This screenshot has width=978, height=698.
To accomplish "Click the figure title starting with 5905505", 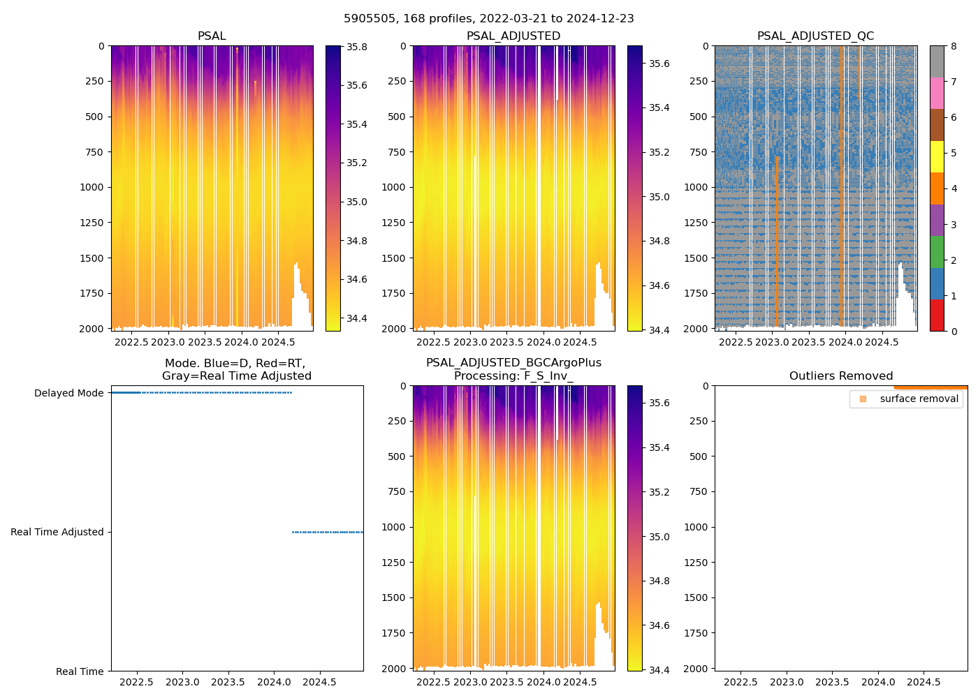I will [x=489, y=19].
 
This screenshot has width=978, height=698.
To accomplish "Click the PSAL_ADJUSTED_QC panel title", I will [x=815, y=36].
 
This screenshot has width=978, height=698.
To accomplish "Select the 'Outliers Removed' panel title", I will [x=841, y=376].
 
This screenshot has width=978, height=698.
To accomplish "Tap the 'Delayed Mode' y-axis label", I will [x=68, y=393].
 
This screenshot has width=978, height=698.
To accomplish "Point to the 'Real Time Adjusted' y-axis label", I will [x=57, y=532].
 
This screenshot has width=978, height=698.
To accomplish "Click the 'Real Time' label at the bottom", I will [x=80, y=671].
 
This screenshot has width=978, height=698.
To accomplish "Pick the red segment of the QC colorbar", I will [x=937, y=315].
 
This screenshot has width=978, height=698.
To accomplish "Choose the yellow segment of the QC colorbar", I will [x=937, y=157].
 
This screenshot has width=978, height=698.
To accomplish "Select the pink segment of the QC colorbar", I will [x=937, y=93].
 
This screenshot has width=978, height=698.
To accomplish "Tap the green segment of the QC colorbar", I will [x=937, y=252].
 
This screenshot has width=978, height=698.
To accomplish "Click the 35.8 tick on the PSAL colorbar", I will [x=357, y=47].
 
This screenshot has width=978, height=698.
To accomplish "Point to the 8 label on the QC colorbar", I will [x=954, y=47].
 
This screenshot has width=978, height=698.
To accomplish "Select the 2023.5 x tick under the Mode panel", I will [x=228, y=682].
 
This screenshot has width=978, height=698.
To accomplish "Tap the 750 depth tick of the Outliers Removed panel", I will [x=698, y=491].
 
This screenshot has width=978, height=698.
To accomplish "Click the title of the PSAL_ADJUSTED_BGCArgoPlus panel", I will [x=513, y=369].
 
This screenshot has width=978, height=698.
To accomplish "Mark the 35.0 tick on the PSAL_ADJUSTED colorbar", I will [x=659, y=198].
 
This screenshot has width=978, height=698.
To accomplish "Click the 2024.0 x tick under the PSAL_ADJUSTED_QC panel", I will [x=845, y=342].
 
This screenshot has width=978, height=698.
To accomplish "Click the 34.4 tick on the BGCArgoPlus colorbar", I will [x=659, y=670].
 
